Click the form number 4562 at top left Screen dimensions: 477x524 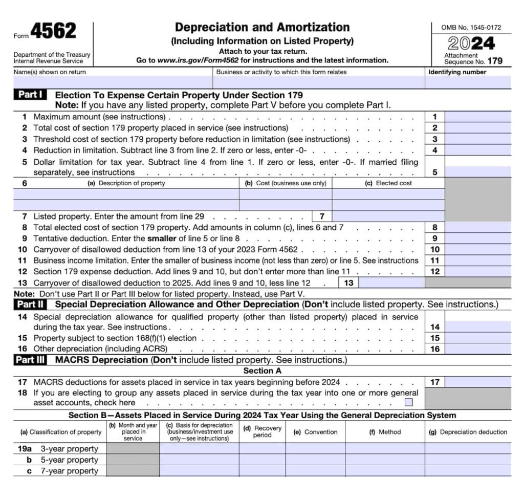click(x=53, y=32)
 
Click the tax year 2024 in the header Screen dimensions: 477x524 click(x=471, y=43)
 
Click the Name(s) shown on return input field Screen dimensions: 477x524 click(x=113, y=82)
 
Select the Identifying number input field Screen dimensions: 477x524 click(x=468, y=82)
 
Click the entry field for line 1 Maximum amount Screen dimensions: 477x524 click(x=477, y=117)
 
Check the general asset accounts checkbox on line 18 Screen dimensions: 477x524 click(x=408, y=402)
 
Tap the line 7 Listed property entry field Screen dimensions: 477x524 click(x=388, y=216)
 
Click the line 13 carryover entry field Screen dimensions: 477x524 click(x=392, y=283)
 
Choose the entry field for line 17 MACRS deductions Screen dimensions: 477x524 click(x=477, y=382)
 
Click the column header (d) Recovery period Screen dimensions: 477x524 click(x=262, y=431)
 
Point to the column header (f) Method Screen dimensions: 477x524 click(x=385, y=431)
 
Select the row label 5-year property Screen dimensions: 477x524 click(x=69, y=460)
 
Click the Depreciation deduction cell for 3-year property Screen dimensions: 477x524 click(x=468, y=449)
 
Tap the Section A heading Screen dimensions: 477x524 click(x=262, y=371)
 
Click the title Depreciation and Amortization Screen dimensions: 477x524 click(x=262, y=28)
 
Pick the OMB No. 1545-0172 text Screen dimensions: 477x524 click(x=471, y=27)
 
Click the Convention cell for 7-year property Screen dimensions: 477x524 click(x=315, y=471)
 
